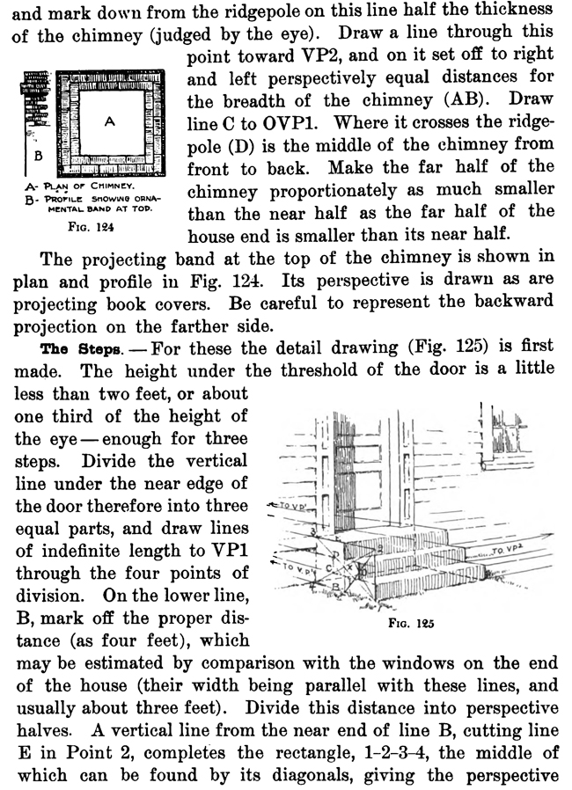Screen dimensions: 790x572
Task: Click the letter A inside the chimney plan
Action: [x=110, y=124]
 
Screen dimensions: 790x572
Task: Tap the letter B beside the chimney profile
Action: [x=37, y=154]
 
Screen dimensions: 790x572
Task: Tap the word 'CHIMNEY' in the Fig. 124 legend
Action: [x=112, y=187]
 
